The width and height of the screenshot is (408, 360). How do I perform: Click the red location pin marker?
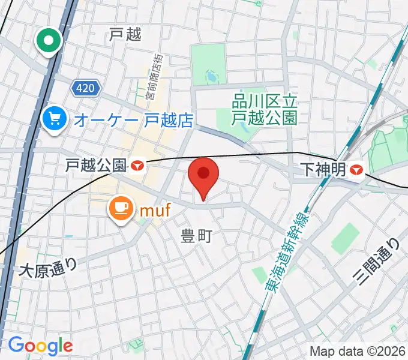[x=203, y=175]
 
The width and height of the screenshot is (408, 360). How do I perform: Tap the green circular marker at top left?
[x=49, y=41]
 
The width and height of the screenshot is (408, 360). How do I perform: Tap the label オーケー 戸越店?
[x=133, y=120]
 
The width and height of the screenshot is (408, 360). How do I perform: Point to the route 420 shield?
[x=85, y=89]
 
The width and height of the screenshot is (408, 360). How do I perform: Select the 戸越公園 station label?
[x=96, y=165]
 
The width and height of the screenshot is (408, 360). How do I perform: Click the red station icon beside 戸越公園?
[x=139, y=165]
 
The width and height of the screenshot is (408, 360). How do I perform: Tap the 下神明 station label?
[x=321, y=170]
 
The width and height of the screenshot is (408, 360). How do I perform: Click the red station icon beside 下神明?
[x=356, y=170]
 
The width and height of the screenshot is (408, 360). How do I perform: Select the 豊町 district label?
[x=197, y=237]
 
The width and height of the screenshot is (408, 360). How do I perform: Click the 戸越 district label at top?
[x=125, y=35]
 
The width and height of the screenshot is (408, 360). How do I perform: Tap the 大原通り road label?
[x=49, y=265]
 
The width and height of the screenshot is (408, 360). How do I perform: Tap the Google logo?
[x=40, y=346]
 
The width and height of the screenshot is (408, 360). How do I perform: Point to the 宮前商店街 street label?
[x=154, y=77]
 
